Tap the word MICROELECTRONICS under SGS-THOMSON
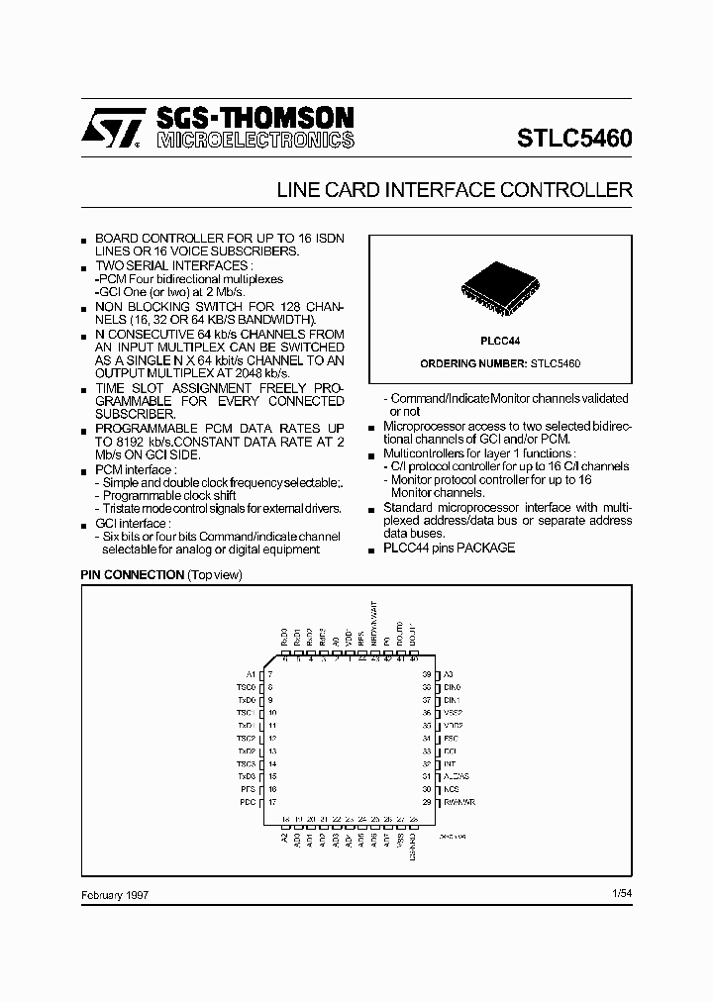pos(255,142)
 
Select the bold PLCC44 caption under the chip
pos(500,340)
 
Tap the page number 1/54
pos(622,893)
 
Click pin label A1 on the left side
pos(251,674)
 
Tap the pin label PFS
pos(248,789)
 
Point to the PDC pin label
pos(248,802)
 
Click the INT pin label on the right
pos(450,764)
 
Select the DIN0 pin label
pos(453,687)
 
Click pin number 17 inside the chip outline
pos(271,802)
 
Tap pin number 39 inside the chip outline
pos(426,674)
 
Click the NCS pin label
pos(451,789)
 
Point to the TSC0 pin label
pos(247,687)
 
